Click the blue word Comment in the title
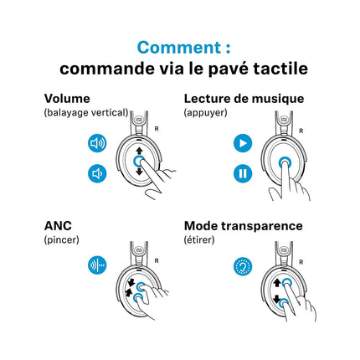[x=180, y=48]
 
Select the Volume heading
[x=67, y=99]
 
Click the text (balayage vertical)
[x=86, y=113]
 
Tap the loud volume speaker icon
[x=97, y=143]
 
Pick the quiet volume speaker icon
[x=97, y=173]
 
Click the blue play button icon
[x=243, y=143]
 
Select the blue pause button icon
[x=243, y=173]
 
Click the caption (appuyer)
[x=205, y=113]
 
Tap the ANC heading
[x=58, y=226]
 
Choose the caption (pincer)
[x=61, y=239]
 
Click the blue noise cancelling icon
[x=97, y=265]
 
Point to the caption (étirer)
[x=199, y=239]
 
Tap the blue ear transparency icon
[x=243, y=266]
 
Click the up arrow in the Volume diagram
[x=139, y=152]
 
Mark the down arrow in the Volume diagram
[x=139, y=171]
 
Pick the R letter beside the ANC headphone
[x=157, y=260]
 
